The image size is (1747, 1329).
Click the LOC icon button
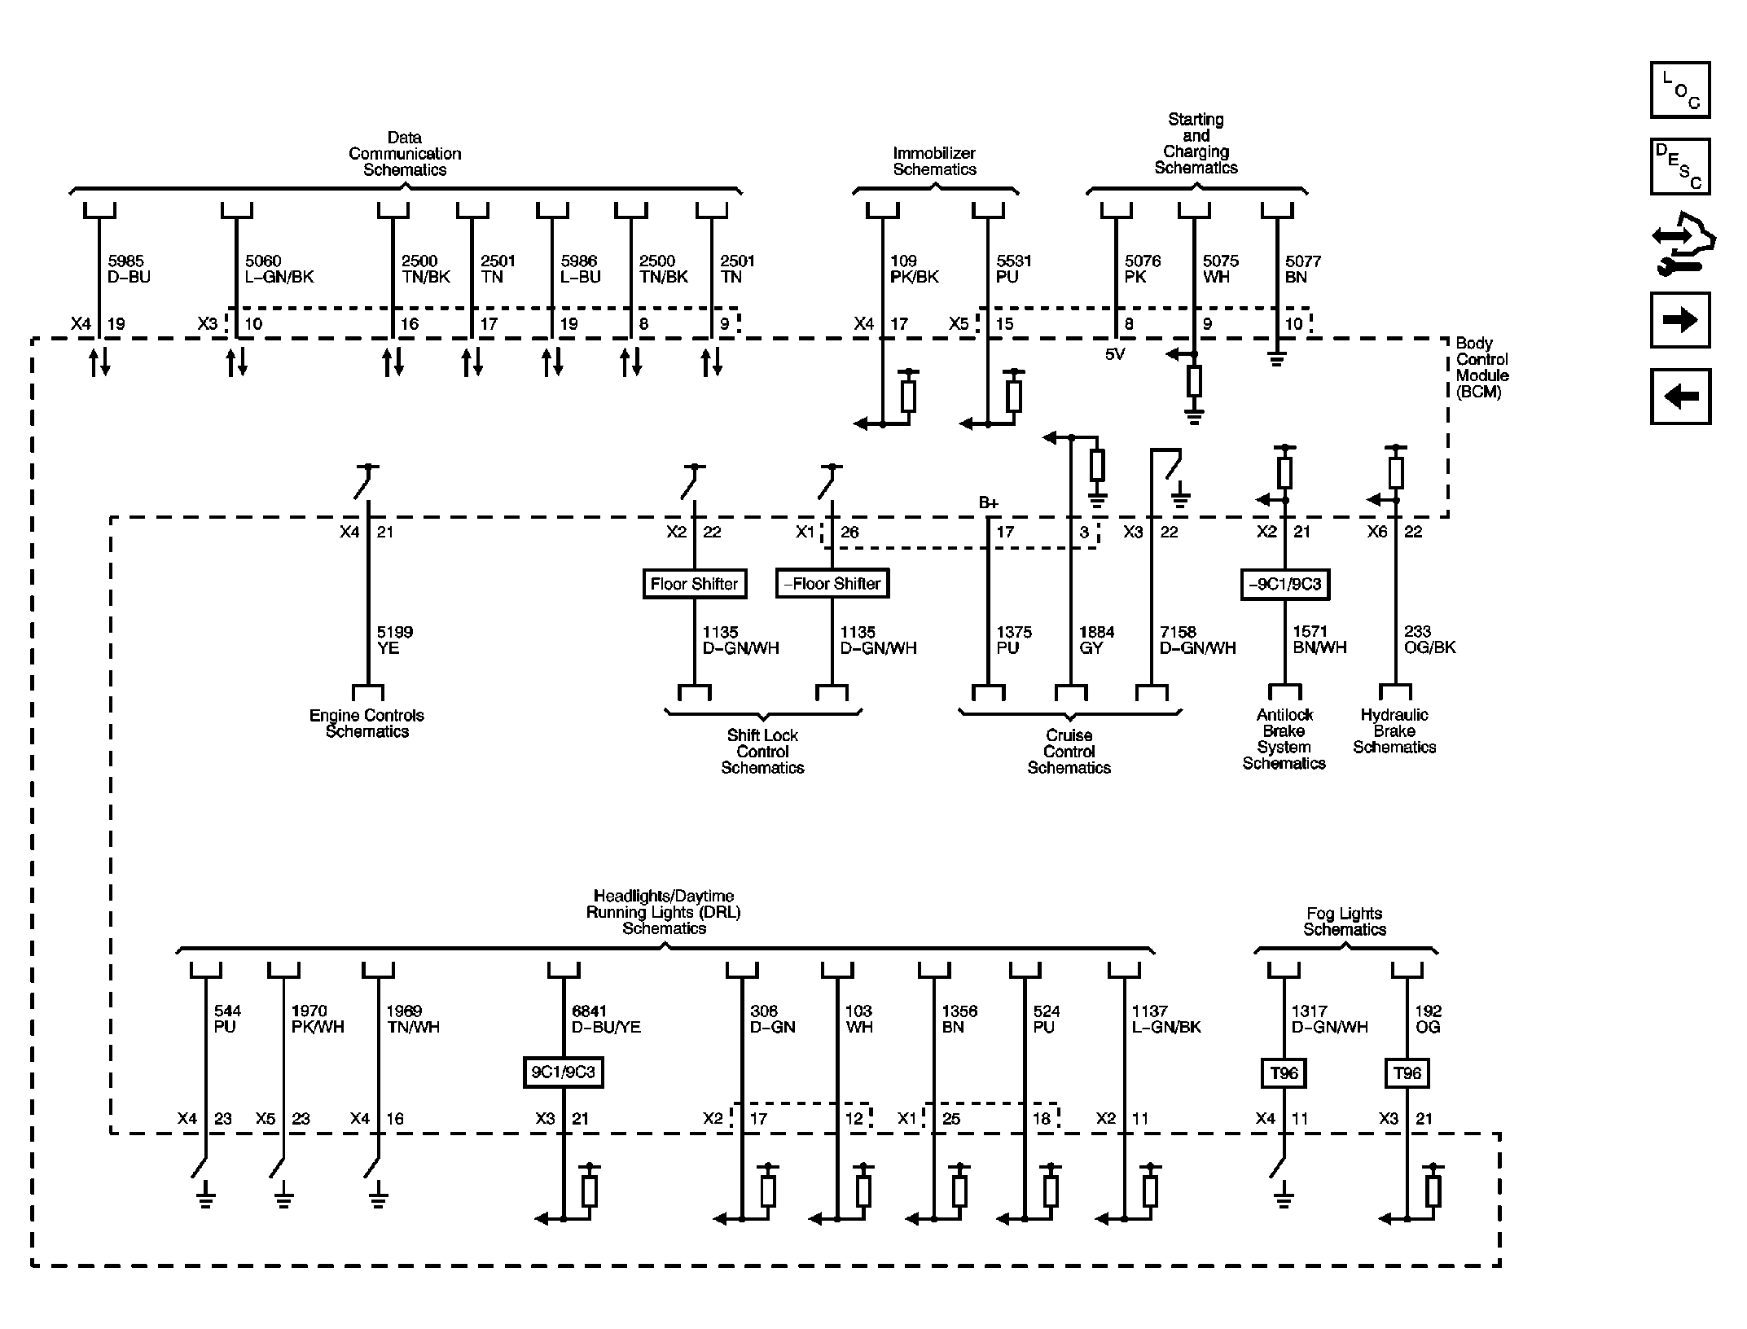[1679, 90]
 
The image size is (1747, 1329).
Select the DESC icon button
[1679, 166]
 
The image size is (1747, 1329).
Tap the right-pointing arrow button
[1679, 320]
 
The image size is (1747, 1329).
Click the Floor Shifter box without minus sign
[694, 584]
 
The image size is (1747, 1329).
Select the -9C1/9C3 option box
[1284, 584]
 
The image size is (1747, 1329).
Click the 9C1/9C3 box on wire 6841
[563, 1072]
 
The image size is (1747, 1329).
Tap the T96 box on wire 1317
[1284, 1073]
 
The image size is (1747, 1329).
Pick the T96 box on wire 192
[1407, 1073]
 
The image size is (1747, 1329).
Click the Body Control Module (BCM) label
[1481, 367]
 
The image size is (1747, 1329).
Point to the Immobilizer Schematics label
[934, 161]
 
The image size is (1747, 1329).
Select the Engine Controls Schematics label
[367, 723]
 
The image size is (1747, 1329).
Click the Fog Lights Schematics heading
[1344, 922]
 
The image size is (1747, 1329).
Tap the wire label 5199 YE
[394, 640]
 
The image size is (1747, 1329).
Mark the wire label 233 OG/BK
[1429, 639]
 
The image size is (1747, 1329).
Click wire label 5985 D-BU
[128, 269]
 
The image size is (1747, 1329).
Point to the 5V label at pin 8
[1114, 354]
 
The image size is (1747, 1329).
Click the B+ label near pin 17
[988, 503]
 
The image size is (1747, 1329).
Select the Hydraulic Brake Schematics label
[1394, 730]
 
